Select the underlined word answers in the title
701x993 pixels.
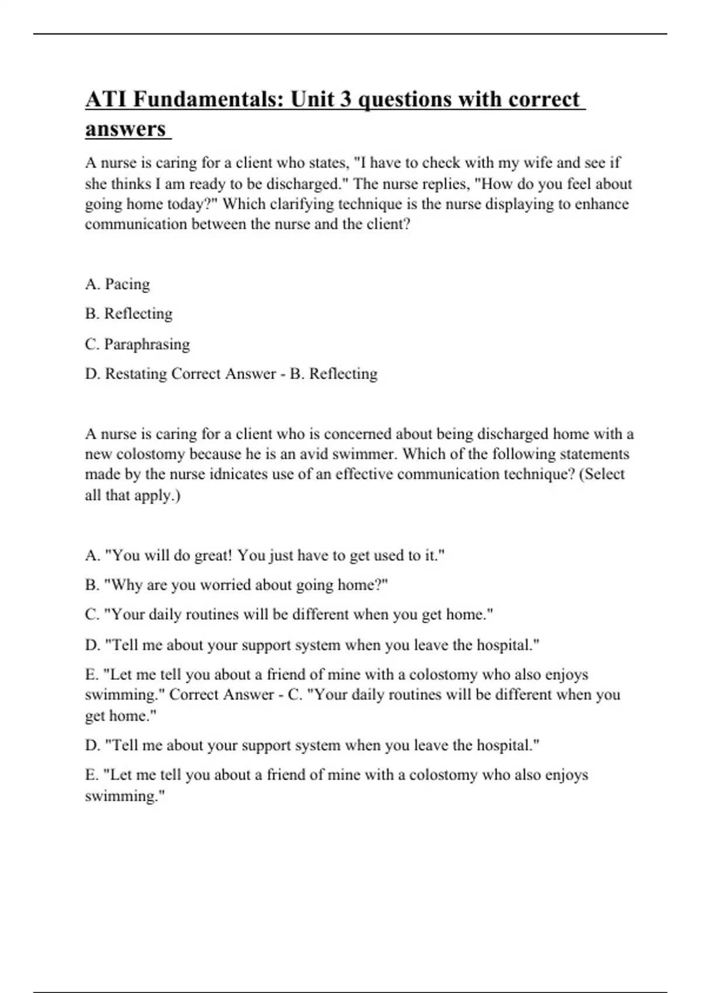(126, 129)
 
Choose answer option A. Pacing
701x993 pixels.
(117, 284)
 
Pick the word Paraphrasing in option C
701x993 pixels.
(147, 345)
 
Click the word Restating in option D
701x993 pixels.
(136, 374)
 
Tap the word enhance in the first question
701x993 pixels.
(602, 204)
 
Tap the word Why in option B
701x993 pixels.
(126, 585)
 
